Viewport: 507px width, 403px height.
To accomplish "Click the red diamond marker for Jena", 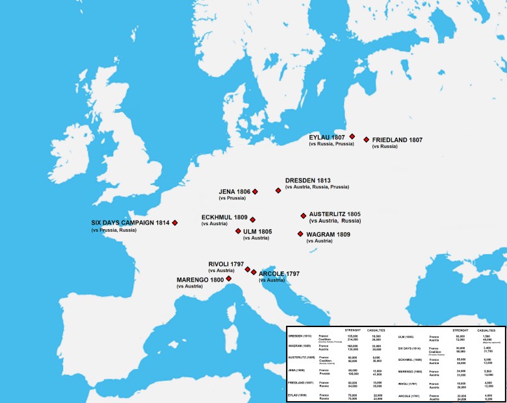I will coord(255,191).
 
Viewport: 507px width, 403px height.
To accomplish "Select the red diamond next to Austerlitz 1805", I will coord(303,215).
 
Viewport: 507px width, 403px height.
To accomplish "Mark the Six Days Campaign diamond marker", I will coord(175,223).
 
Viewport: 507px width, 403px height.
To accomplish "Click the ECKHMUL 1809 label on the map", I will coord(224,217).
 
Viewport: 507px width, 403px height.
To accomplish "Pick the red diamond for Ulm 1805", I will coord(238,231).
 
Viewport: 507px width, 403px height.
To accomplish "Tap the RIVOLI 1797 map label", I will coord(226,263).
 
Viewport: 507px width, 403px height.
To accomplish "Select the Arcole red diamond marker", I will coord(253,273).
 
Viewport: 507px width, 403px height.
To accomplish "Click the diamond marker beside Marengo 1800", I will coord(228,278).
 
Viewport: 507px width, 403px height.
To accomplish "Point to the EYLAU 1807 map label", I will coord(327,137).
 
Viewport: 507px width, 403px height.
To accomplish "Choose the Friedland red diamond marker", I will coord(367,140).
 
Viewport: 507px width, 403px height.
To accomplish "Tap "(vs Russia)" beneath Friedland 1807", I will coord(384,147).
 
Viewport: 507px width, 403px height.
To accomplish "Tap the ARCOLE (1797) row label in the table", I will coord(409,395).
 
